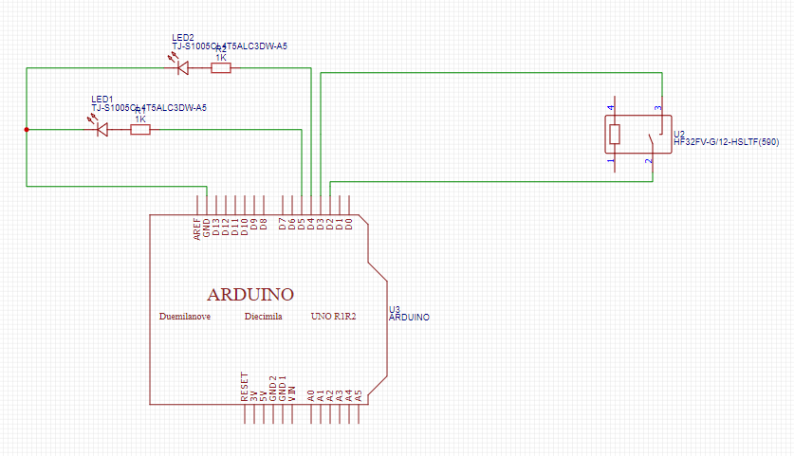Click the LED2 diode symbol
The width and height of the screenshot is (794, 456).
pyautogui.click(x=182, y=67)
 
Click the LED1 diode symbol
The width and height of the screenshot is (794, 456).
pyautogui.click(x=102, y=129)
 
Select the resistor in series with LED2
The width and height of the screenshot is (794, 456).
pyautogui.click(x=221, y=67)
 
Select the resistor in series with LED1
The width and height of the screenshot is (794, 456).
pyautogui.click(x=139, y=129)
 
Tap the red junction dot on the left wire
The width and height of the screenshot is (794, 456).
pyautogui.click(x=26, y=129)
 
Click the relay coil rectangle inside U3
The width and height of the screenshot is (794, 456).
pyautogui.click(x=615, y=134)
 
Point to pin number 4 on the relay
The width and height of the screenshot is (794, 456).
pyautogui.click(x=611, y=108)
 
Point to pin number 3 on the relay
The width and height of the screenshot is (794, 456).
pyautogui.click(x=656, y=108)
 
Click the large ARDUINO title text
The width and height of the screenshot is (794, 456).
pyautogui.click(x=250, y=293)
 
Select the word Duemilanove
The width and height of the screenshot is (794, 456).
pyautogui.click(x=185, y=316)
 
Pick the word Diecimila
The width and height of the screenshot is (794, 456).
pyautogui.click(x=264, y=316)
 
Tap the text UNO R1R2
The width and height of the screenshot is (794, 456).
pyautogui.click(x=334, y=316)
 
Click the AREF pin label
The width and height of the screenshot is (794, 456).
pyautogui.click(x=197, y=228)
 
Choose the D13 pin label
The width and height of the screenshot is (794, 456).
pyautogui.click(x=216, y=227)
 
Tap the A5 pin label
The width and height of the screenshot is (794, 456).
pyautogui.click(x=359, y=392)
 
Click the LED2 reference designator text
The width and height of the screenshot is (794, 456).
pyautogui.click(x=182, y=37)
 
